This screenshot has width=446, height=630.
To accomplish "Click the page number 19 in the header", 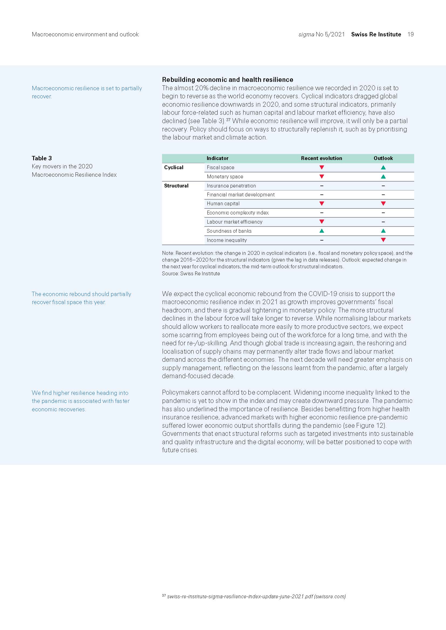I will [410, 34].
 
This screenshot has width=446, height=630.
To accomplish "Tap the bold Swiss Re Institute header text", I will [376, 34].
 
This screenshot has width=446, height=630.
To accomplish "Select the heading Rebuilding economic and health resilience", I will [227, 79].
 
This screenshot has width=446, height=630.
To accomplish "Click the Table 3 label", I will [42, 158].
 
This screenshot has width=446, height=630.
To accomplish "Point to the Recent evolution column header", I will [321, 158].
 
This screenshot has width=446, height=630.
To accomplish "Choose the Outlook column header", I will [383, 158].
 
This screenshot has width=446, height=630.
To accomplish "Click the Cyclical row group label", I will [174, 167].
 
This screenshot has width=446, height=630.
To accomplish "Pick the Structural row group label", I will [176, 186].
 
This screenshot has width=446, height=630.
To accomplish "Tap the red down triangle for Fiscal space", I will [322, 167].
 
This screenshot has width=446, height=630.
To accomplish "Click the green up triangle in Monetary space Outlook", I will [383, 177].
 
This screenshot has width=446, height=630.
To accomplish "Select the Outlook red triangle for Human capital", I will [383, 204].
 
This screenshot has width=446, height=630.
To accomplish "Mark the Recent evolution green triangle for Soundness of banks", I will [322, 231].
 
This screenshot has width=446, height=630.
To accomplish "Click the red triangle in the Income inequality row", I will [383, 240].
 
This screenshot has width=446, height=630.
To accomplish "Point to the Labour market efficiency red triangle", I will [322, 222].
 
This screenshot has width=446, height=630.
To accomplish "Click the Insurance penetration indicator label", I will [231, 186].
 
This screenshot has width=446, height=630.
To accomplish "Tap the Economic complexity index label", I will [238, 213].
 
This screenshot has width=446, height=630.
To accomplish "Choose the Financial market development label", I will [241, 195].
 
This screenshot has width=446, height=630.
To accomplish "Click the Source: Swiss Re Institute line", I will [191, 274].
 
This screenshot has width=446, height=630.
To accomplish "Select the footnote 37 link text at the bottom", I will [256, 596].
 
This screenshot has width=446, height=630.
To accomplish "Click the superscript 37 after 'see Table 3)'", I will [228, 120].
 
